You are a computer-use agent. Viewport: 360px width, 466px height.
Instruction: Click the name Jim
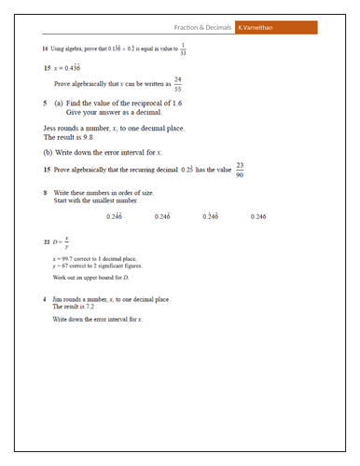click(x=59, y=298)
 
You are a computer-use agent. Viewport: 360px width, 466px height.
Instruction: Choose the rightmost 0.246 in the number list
click(x=259, y=216)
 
